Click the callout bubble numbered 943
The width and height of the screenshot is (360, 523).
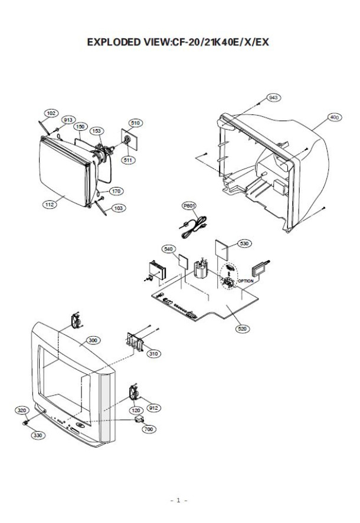[x=273, y=98]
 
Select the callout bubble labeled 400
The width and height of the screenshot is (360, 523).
[x=334, y=117]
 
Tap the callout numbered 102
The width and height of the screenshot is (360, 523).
[x=51, y=113]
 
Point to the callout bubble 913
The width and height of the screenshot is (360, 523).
[x=68, y=120]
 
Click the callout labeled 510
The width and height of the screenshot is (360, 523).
[x=135, y=123]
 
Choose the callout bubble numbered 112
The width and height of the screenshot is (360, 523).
[x=50, y=205]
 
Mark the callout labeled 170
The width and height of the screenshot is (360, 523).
[x=116, y=191]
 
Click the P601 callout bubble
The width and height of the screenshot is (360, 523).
[x=189, y=206]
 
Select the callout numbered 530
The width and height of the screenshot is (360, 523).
[x=244, y=244]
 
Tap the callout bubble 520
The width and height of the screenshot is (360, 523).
[x=243, y=329]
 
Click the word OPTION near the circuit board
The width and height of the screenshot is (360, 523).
[x=246, y=281]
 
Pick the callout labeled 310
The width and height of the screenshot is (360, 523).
[x=153, y=354]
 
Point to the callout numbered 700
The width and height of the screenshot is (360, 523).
[x=149, y=429]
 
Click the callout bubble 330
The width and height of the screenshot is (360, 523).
[x=38, y=435]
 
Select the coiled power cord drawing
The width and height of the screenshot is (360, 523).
[x=194, y=227]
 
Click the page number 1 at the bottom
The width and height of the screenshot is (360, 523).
[x=178, y=500]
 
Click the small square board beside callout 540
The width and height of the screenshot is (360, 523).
[x=184, y=261]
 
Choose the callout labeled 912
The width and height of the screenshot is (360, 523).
[x=153, y=408]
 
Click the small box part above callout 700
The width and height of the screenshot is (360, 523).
[x=139, y=419]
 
